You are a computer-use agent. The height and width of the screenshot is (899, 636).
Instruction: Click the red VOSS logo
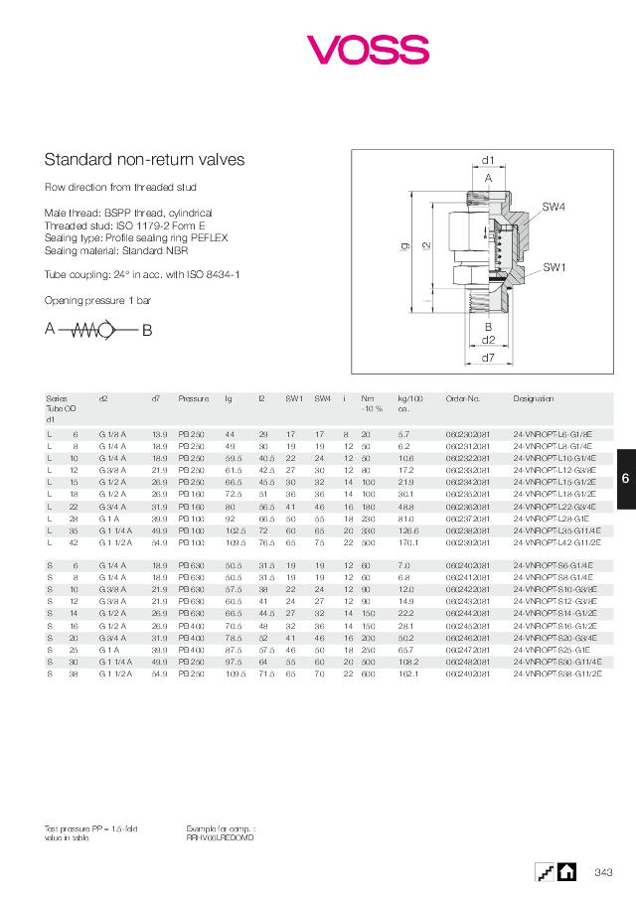point(367,49)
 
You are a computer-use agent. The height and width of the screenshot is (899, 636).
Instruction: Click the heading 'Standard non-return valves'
point(145,159)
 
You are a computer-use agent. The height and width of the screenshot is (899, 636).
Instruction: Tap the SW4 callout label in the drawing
point(554,206)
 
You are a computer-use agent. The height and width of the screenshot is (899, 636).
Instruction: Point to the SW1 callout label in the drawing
point(554,267)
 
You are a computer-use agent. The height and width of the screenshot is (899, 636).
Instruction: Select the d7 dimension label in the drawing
point(488,357)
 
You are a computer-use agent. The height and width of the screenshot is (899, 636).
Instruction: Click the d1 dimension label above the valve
point(488,160)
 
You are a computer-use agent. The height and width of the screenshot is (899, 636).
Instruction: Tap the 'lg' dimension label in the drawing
point(404,244)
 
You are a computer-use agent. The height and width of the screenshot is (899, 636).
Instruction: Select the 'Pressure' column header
point(194,398)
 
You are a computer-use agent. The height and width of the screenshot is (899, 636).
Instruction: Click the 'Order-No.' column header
point(463,398)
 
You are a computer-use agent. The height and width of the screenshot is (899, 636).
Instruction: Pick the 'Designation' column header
point(534,398)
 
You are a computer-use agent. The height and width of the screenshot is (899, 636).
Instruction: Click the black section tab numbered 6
point(625,479)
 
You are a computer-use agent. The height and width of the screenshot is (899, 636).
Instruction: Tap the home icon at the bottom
point(566,871)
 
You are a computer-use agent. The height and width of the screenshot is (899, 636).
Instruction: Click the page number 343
point(602,872)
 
